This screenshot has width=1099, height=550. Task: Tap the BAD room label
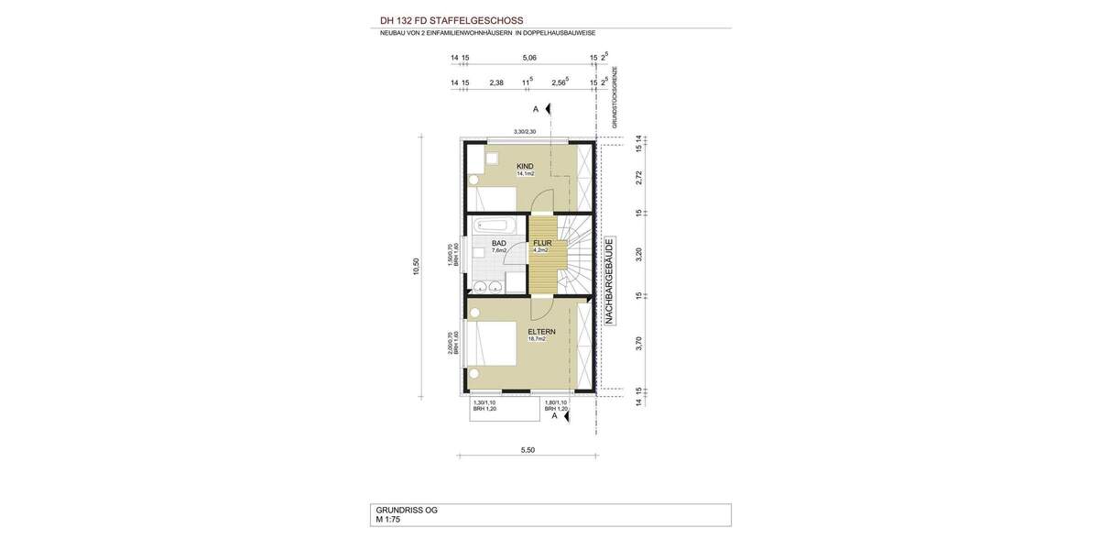(x=499, y=243)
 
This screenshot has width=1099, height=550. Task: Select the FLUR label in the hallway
(x=542, y=243)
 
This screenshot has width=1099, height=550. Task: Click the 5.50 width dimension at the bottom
(x=528, y=450)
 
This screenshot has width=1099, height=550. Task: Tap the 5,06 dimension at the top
(x=529, y=58)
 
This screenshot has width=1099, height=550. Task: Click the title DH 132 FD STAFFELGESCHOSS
(x=452, y=19)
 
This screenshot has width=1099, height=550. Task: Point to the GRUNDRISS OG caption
(x=407, y=510)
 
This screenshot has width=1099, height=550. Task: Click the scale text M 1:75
(x=388, y=520)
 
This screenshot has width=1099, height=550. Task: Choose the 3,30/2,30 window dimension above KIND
(x=525, y=132)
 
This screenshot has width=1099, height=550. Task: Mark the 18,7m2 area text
(x=537, y=339)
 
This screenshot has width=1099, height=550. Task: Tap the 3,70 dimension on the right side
(x=639, y=345)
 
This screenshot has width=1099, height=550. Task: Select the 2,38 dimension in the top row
(x=496, y=82)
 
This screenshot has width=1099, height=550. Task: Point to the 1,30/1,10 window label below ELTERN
(x=484, y=402)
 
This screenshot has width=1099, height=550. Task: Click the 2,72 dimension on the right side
(x=639, y=177)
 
